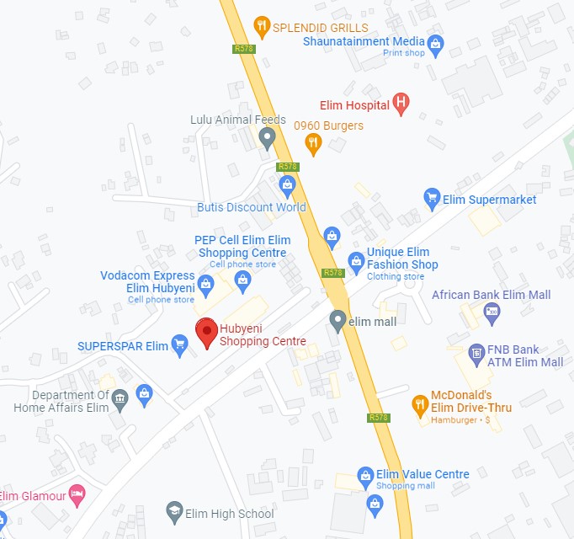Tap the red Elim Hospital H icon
[x=401, y=104]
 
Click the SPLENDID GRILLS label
[x=321, y=27]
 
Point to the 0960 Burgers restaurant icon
[x=313, y=144]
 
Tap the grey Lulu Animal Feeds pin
[x=268, y=137]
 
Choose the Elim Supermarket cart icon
[x=432, y=199]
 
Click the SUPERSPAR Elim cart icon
[x=179, y=344]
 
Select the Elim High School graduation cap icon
[x=174, y=512]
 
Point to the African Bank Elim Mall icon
[x=492, y=312]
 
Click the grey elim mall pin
[x=337, y=320]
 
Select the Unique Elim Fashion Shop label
[x=402, y=259]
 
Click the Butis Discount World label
[x=252, y=207]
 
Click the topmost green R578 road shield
[x=244, y=49]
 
